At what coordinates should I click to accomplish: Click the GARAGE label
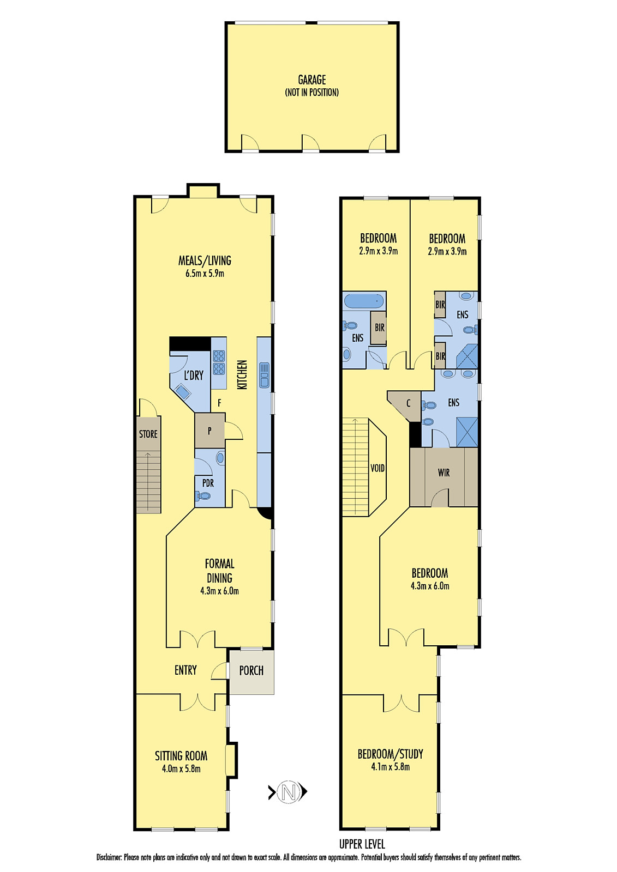312,80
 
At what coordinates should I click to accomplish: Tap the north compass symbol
289,791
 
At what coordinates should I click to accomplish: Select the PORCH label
251,670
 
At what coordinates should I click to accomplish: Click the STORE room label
148,434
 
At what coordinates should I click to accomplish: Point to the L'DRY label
193,375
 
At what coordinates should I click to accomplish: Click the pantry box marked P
209,431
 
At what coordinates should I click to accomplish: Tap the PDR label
208,483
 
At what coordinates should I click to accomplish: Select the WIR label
444,473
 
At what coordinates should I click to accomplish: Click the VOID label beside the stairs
377,468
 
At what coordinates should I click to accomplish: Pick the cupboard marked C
408,403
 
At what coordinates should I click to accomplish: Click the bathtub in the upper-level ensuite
364,300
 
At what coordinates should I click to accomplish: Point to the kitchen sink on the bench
265,375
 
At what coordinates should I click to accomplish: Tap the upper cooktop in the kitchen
219,356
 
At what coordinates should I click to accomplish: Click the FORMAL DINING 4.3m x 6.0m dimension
219,591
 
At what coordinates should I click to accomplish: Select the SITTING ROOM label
181,756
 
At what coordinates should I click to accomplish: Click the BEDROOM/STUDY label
390,754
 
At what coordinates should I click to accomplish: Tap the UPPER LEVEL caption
362,844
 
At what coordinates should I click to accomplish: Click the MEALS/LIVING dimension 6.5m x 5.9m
205,274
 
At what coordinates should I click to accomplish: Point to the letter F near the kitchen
219,403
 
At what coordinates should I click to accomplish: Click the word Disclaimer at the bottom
109,857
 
